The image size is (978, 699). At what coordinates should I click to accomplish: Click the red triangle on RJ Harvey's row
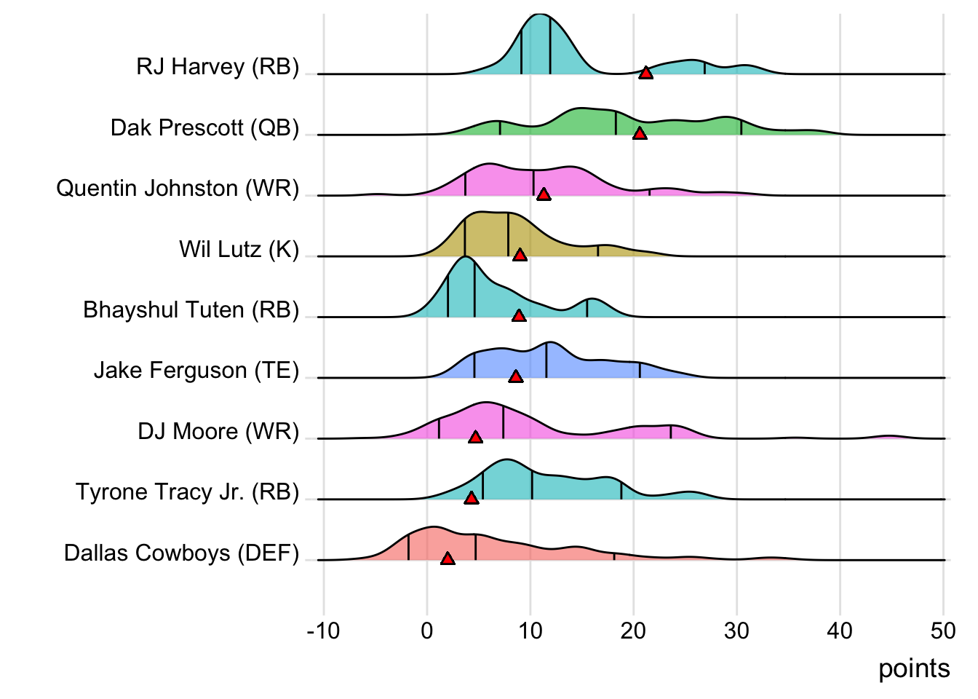pos(645,72)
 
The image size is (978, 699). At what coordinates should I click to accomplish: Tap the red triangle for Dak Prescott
pos(640,133)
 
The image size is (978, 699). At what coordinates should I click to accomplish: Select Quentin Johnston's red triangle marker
pos(543,194)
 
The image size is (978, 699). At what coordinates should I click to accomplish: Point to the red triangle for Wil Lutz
pos(520,255)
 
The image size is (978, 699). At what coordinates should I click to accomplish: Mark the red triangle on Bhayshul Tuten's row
pos(519,315)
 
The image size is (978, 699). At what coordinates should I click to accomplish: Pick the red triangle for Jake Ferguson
pos(516,376)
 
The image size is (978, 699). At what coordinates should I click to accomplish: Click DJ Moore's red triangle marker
pos(475,437)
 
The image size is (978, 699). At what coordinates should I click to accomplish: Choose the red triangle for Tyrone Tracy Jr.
pos(472,498)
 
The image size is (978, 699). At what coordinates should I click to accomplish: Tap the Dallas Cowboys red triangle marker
pos(448,558)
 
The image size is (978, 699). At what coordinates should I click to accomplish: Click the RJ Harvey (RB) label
pos(218,67)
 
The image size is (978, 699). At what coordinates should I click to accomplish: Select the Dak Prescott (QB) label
pos(204,128)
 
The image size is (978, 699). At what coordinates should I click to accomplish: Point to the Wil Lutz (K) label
pos(239,250)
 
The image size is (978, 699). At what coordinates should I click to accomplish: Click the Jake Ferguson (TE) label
pos(196,371)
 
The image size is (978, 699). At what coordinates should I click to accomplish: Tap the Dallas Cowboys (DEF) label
pos(181,553)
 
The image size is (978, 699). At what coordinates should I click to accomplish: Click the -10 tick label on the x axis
pos(323,631)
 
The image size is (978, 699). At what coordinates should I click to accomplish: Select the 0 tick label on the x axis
pos(427,631)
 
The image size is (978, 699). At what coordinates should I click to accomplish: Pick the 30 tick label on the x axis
pos(736,631)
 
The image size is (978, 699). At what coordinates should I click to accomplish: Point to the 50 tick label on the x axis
pos(943,631)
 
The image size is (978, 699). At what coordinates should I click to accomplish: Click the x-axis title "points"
pos(914,668)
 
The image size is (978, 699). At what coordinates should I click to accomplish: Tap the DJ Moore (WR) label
pos(218,432)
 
